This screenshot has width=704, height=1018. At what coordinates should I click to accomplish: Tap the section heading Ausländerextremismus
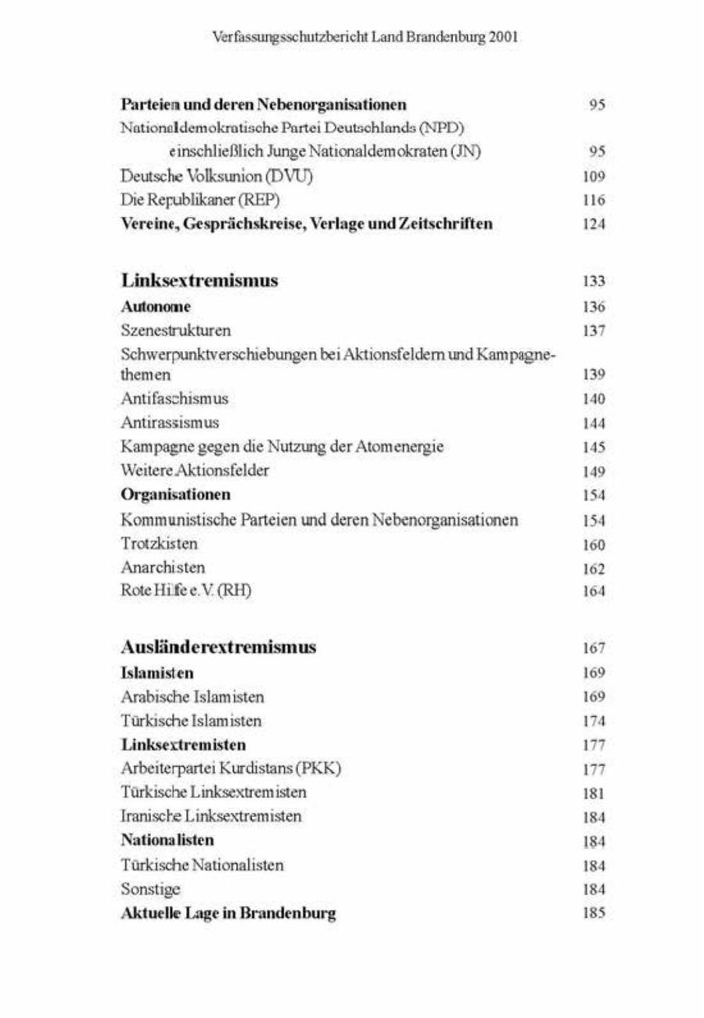[218, 647]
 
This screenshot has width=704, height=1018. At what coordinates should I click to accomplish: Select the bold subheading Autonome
[156, 309]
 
